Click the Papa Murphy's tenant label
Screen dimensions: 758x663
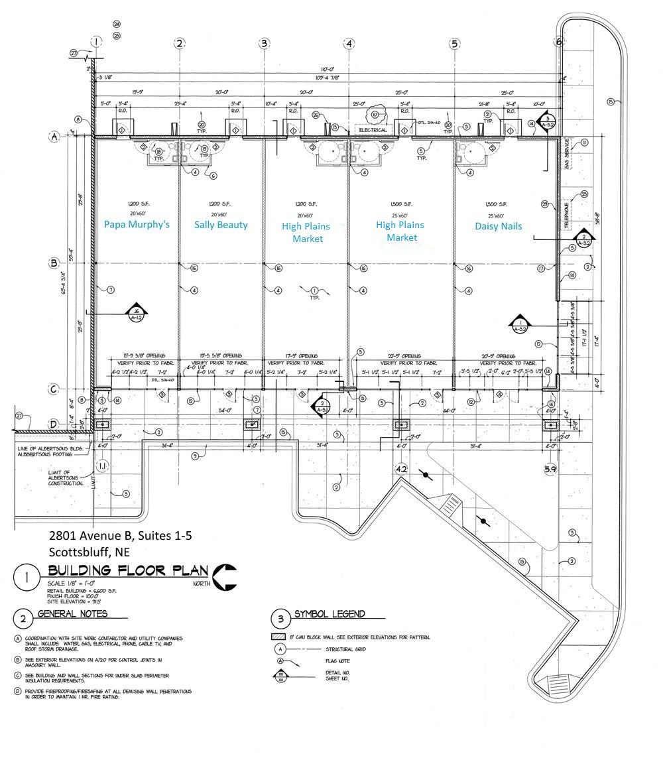coord(137,224)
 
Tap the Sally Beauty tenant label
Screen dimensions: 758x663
coord(221,225)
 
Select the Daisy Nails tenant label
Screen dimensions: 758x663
coord(498,226)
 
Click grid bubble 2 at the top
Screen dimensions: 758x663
coord(179,43)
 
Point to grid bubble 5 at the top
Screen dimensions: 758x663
coord(454,44)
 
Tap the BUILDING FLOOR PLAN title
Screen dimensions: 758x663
coord(127,572)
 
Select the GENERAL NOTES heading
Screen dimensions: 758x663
coord(72,614)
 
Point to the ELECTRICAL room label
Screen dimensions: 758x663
coord(373,130)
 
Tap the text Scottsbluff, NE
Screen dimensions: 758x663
coord(90,551)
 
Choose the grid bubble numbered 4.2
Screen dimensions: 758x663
coord(400,469)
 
